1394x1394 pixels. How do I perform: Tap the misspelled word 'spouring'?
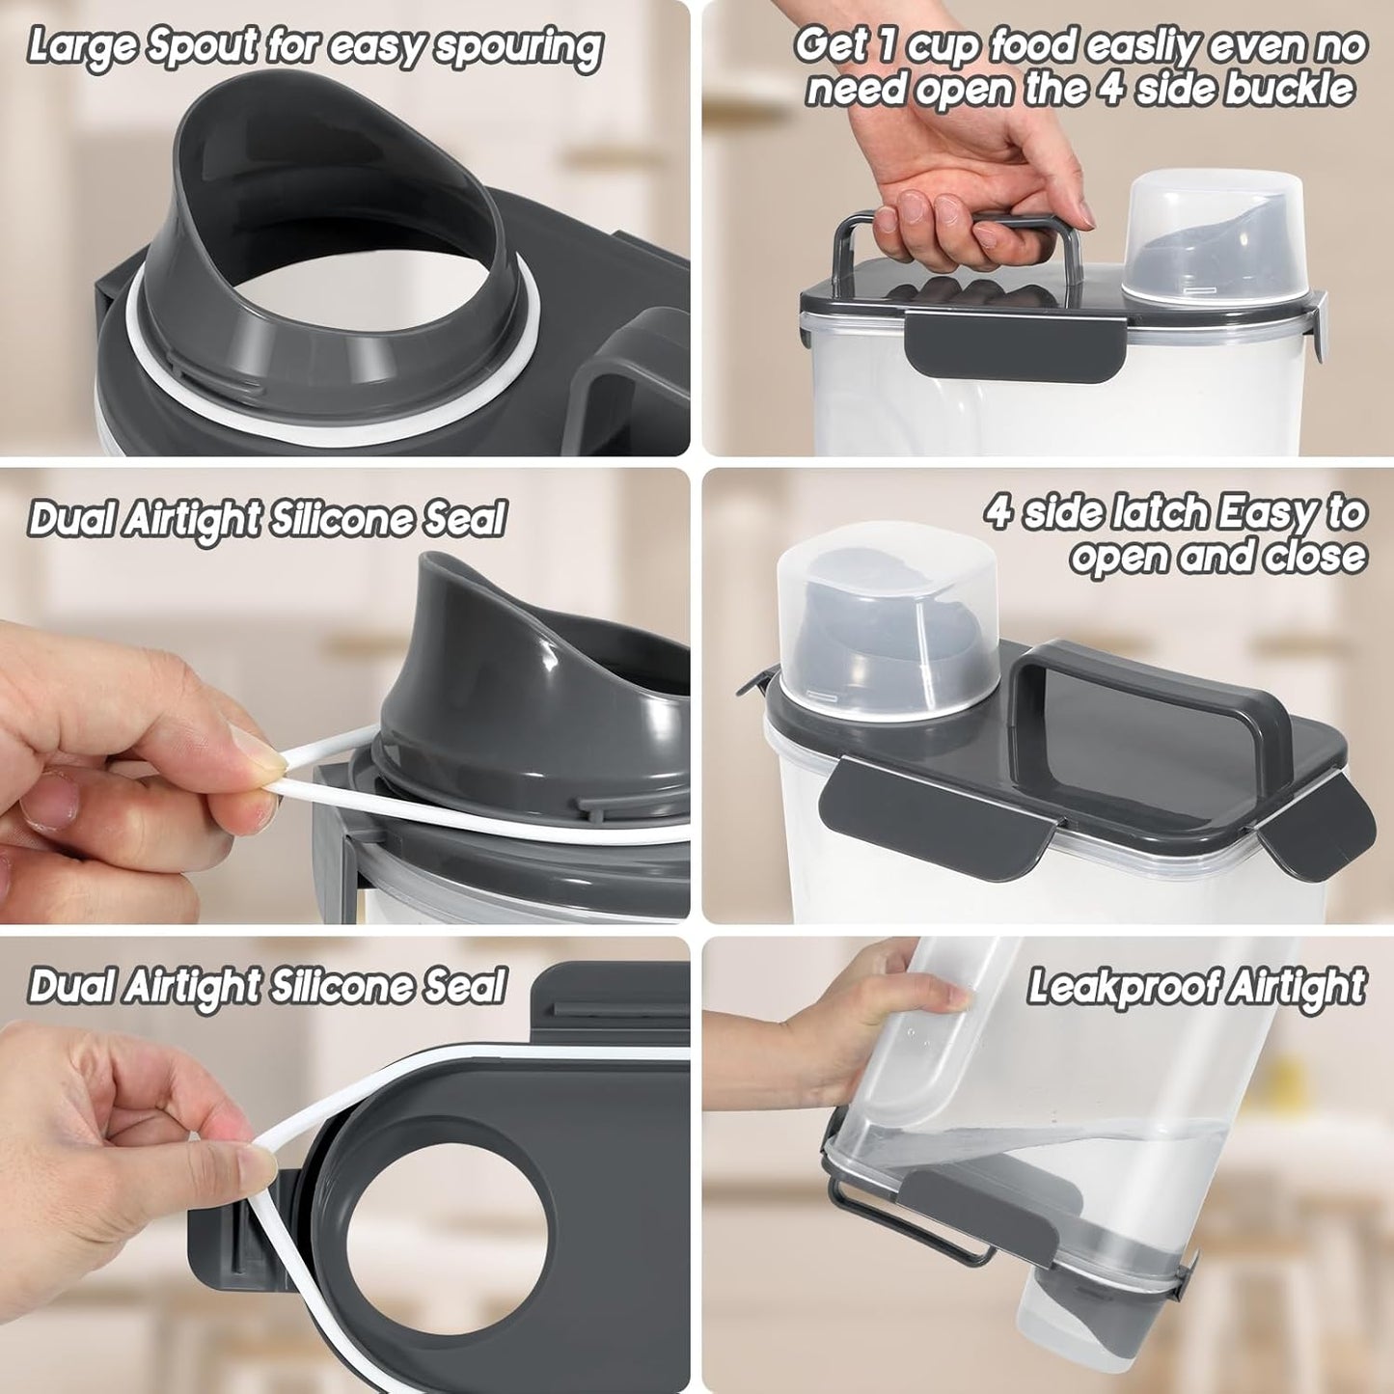click(x=520, y=48)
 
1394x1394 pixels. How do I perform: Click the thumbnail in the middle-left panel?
click(x=258, y=756)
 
